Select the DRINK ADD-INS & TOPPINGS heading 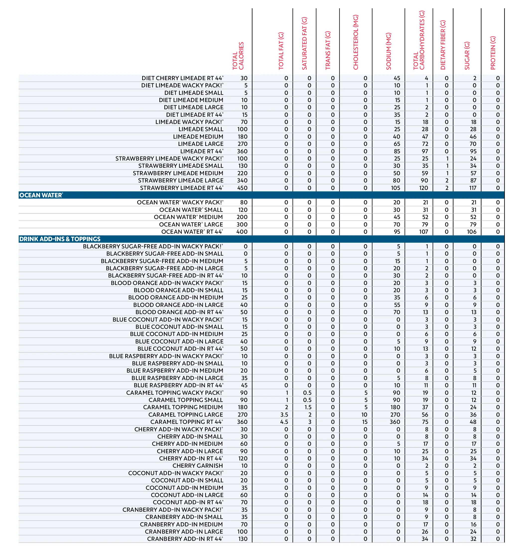60,239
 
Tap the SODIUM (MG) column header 389,51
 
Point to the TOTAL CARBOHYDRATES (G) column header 419,40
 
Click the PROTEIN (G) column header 493,53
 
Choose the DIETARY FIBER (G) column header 443,45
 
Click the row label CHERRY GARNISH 198,466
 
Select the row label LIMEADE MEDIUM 198,137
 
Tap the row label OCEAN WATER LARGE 191,224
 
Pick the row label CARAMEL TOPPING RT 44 186,422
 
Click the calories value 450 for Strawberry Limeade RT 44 242,188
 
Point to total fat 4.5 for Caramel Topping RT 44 284,422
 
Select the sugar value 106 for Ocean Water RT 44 471,232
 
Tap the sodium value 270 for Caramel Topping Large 395,415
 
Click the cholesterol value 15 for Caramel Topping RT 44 365,422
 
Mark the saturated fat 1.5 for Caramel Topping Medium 308,407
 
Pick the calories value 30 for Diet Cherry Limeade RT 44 244,78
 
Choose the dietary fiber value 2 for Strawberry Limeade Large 447,180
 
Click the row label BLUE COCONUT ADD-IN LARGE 179,341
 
